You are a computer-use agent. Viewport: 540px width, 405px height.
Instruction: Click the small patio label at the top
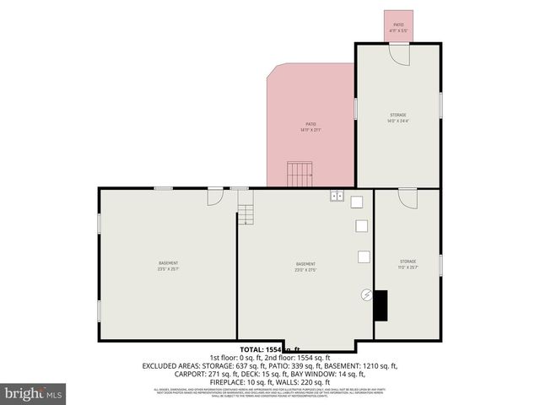point(397,24)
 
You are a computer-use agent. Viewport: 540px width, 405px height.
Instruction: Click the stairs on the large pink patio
point(300,175)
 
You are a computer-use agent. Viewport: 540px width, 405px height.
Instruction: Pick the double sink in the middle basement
point(336,197)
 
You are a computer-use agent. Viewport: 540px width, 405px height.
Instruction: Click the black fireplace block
point(381,305)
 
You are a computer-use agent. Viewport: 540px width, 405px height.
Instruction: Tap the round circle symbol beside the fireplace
point(365,294)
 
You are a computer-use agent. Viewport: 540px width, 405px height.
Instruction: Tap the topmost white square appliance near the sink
point(357,202)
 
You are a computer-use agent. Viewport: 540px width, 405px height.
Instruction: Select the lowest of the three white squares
point(364,256)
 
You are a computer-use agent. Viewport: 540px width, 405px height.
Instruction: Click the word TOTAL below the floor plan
point(251,348)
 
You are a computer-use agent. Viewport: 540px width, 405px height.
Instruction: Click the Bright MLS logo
point(32,393)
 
